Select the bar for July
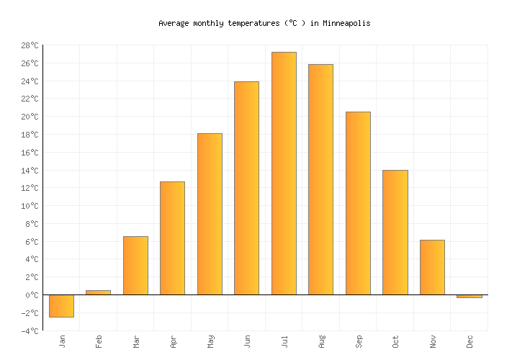click(284, 174)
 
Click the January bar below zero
click(61, 306)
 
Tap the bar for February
click(99, 292)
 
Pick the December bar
click(470, 296)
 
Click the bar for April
click(172, 238)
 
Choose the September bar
click(358, 203)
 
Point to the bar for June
click(246, 188)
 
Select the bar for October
click(395, 233)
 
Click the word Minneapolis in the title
click(346, 23)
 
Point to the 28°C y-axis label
click(30, 45)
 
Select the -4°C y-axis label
click(30, 331)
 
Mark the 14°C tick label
click(30, 171)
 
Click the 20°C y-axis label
click(30, 117)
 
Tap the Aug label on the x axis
click(321, 341)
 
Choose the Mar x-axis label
click(136, 341)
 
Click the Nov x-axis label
click(433, 341)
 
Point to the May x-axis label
click(210, 341)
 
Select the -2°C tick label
click(30, 313)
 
